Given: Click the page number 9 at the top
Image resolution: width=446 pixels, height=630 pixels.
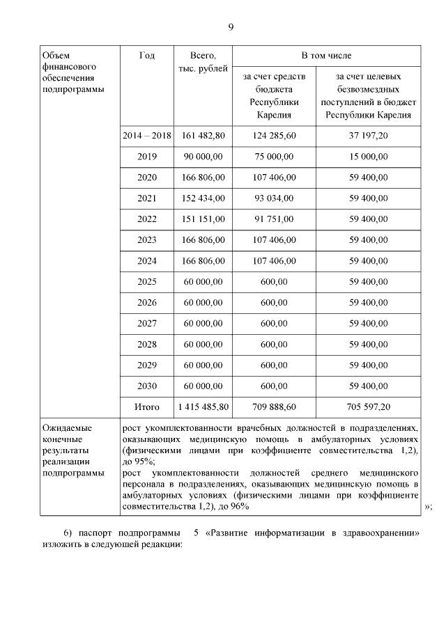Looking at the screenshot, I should tap(231, 27).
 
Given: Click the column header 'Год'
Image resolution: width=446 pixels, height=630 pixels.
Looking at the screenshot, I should tap(147, 55).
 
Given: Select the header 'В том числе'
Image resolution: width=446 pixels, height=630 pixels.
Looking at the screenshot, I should tap(326, 55).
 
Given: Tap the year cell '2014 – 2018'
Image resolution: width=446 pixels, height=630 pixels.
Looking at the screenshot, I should tap(147, 135).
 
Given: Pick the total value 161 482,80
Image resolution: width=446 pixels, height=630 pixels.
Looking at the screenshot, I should tap(203, 135).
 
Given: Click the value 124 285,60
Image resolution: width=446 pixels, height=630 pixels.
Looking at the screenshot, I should tap(274, 135).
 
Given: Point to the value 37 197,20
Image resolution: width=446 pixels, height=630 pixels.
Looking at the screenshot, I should tap(368, 135).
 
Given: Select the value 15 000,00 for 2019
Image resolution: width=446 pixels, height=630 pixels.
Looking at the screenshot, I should tap(368, 157).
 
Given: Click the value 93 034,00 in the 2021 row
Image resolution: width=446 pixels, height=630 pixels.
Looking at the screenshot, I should tap(274, 198).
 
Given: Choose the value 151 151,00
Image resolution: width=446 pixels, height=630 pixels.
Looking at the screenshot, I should tap(203, 219).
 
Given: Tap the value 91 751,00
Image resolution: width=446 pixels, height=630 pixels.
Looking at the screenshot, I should tap(274, 219).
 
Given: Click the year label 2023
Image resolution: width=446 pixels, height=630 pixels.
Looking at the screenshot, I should tap(147, 240).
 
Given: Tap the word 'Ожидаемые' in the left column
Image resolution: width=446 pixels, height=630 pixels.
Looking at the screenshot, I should tap(67, 428).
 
